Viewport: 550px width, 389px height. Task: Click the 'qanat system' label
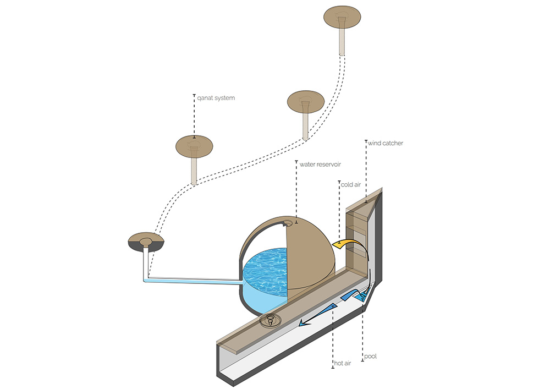pyautogui.click(x=216, y=98)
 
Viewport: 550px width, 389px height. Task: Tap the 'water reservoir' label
pyautogui.click(x=320, y=163)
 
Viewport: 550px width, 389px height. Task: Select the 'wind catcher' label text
pyautogui.click(x=386, y=143)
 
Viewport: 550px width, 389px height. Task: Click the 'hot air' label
pyautogui.click(x=342, y=364)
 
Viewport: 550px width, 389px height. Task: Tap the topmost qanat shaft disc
pyautogui.click(x=342, y=17)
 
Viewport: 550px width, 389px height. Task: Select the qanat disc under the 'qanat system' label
pyautogui.click(x=194, y=145)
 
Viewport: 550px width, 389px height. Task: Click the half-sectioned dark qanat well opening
pyautogui.click(x=146, y=242)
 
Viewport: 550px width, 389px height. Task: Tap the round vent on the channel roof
pyautogui.click(x=271, y=320)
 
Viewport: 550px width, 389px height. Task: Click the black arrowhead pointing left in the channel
pyautogui.click(x=302, y=325)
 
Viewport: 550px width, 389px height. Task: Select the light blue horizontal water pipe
pyautogui.click(x=193, y=280)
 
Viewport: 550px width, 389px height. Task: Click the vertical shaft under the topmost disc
pyautogui.click(x=342, y=41)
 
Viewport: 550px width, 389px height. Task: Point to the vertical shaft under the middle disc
pyautogui.click(x=304, y=125)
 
